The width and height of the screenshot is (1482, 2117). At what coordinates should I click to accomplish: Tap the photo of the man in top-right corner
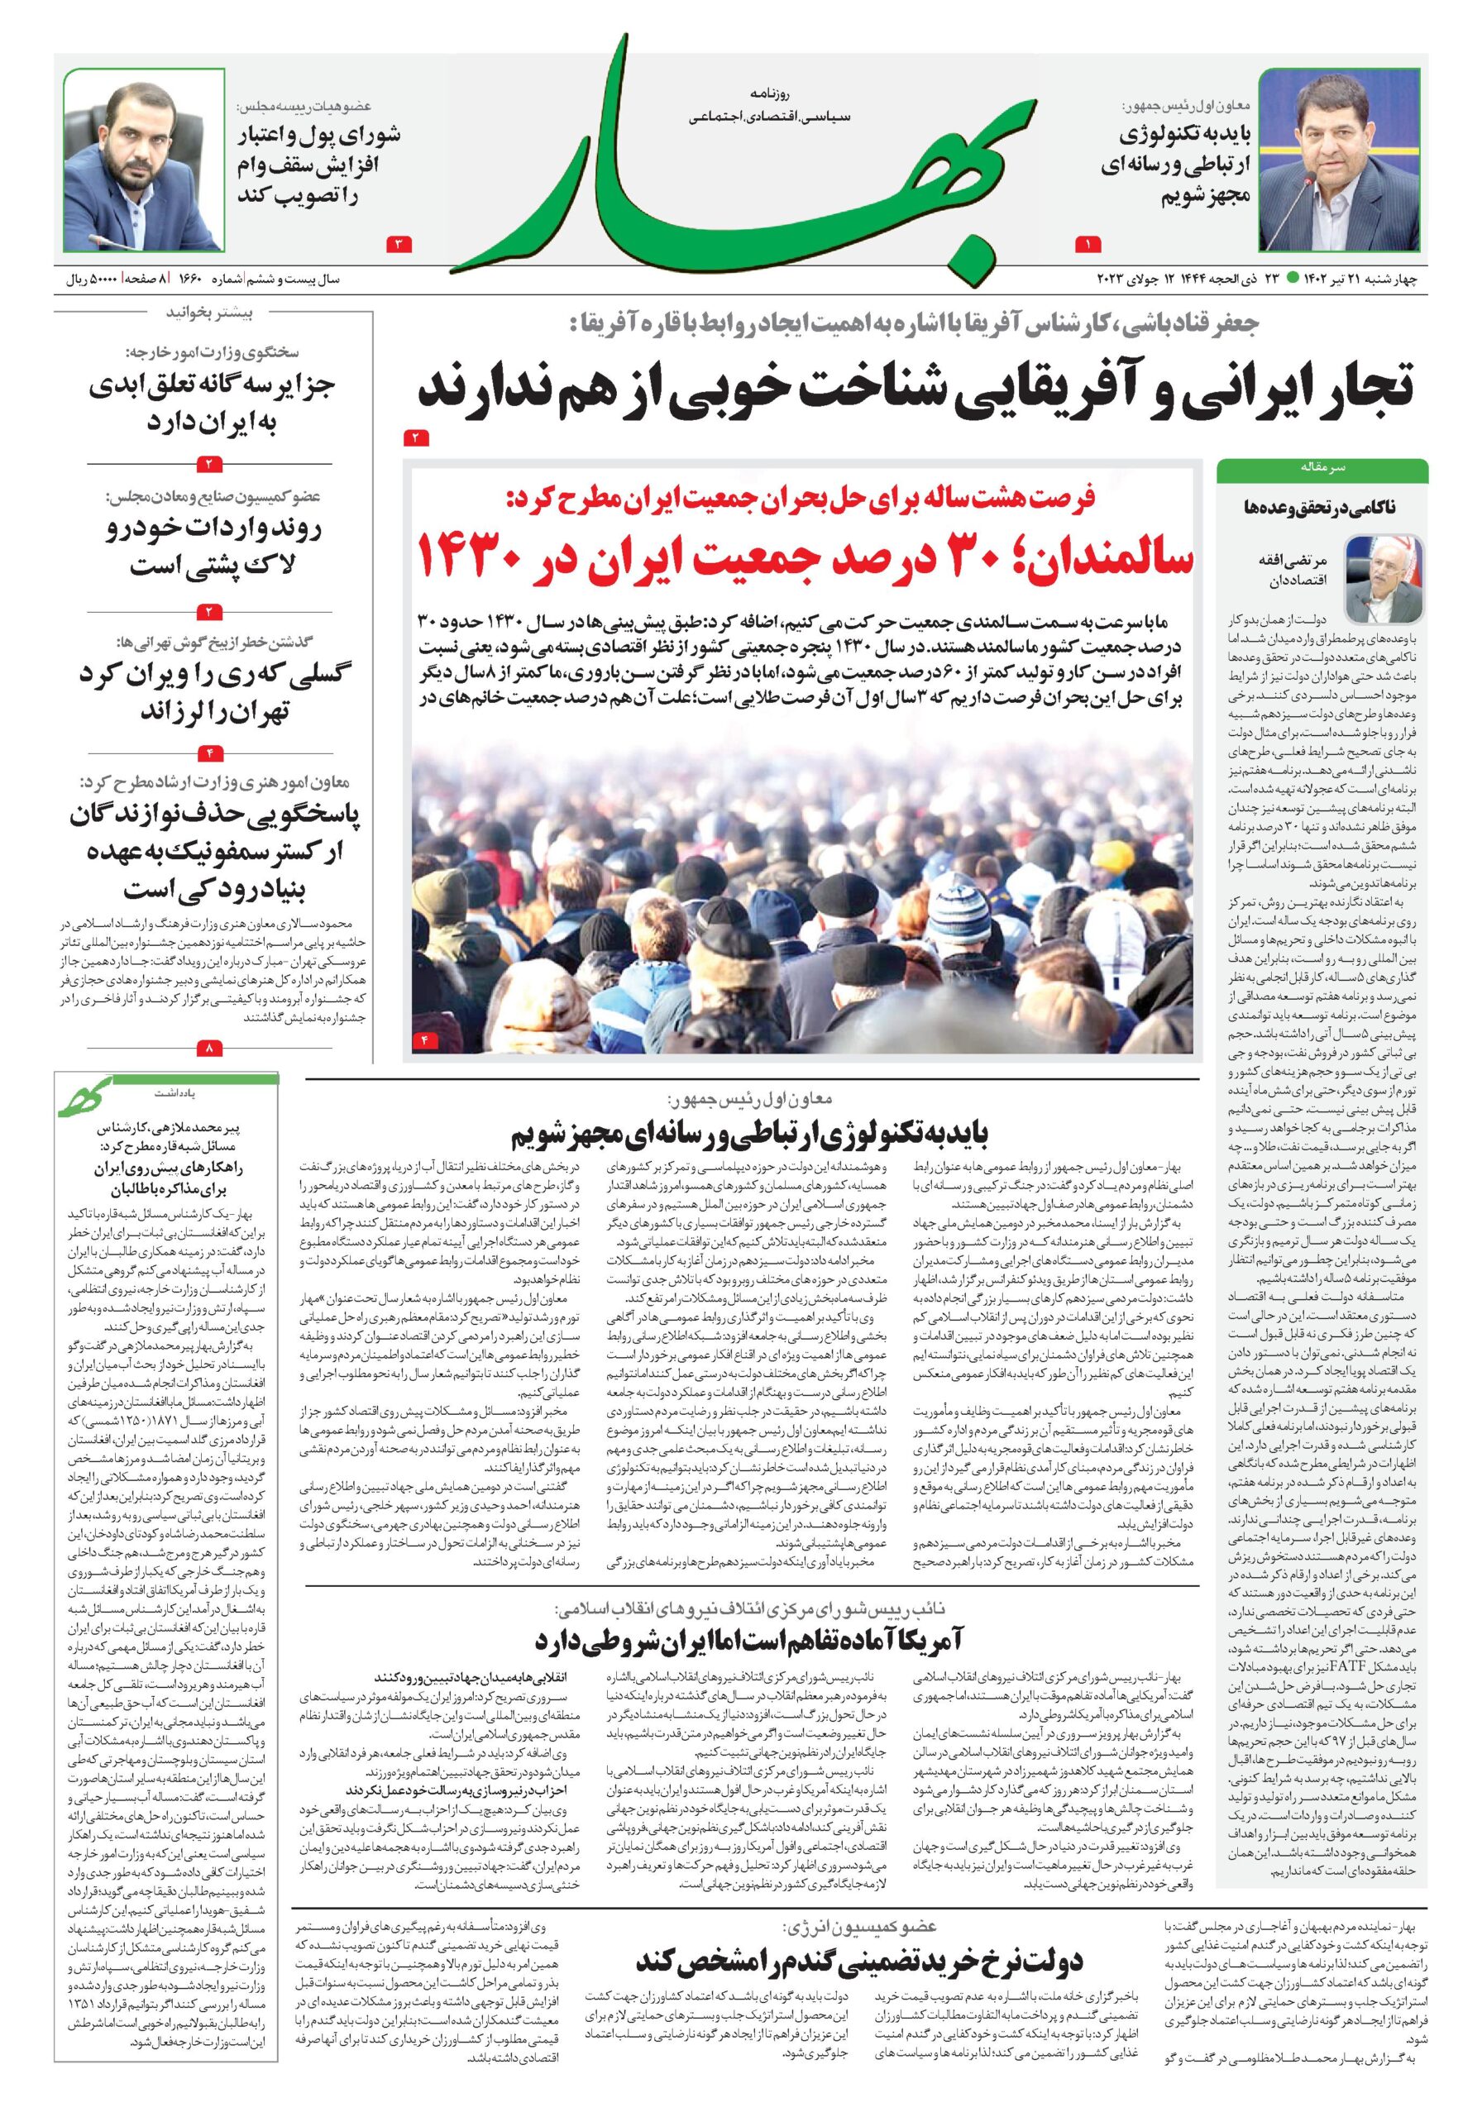tap(1342, 160)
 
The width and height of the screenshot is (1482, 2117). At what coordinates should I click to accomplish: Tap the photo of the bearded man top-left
tap(142, 160)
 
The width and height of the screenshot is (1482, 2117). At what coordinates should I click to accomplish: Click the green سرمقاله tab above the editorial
tap(1322, 468)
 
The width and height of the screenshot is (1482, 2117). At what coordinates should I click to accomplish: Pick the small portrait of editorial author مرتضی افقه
tap(1383, 578)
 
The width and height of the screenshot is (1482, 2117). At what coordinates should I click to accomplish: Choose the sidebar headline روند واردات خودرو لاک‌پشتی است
tap(211, 548)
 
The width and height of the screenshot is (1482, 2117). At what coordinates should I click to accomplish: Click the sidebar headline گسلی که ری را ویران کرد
tap(211, 691)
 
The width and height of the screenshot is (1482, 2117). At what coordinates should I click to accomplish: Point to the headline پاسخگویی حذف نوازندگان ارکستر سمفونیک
tap(211, 853)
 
